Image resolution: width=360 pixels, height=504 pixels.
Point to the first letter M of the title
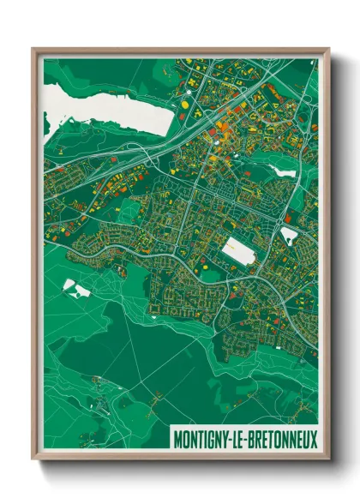pyautogui.click(x=177, y=439)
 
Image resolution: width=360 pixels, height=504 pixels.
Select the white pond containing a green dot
pyautogui.click(x=289, y=233)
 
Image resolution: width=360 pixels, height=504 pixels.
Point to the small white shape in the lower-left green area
pyautogui.click(x=75, y=289)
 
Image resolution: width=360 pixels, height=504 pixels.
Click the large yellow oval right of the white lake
pyautogui.click(x=185, y=105)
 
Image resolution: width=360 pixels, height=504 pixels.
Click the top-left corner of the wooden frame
pyautogui.click(x=33, y=49)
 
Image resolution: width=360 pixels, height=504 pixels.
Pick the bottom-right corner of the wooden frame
pyautogui.click(x=328, y=460)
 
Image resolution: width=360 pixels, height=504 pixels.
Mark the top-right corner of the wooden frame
pyautogui.click(x=328, y=49)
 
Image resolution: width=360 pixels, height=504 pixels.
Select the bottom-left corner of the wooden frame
pyautogui.click(x=33, y=460)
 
